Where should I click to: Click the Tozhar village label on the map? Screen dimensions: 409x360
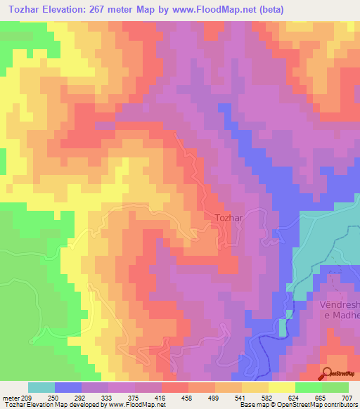pos(229,218)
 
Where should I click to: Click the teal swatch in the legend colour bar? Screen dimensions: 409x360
pos(41,387)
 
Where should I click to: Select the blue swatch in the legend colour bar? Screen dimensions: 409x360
pos(67,387)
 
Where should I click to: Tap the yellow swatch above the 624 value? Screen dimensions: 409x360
pos(281,387)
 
